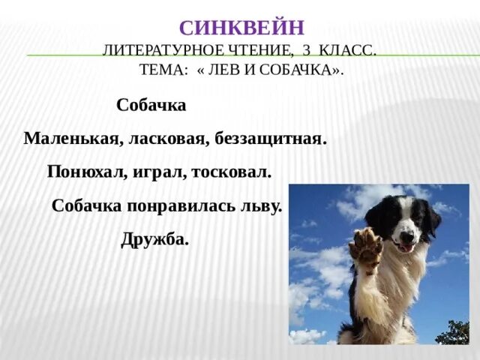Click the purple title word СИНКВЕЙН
point(241,28)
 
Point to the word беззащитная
point(271,139)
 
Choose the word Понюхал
point(87,172)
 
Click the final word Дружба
point(154,240)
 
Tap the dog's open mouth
point(406,245)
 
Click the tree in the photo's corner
point(458,332)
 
